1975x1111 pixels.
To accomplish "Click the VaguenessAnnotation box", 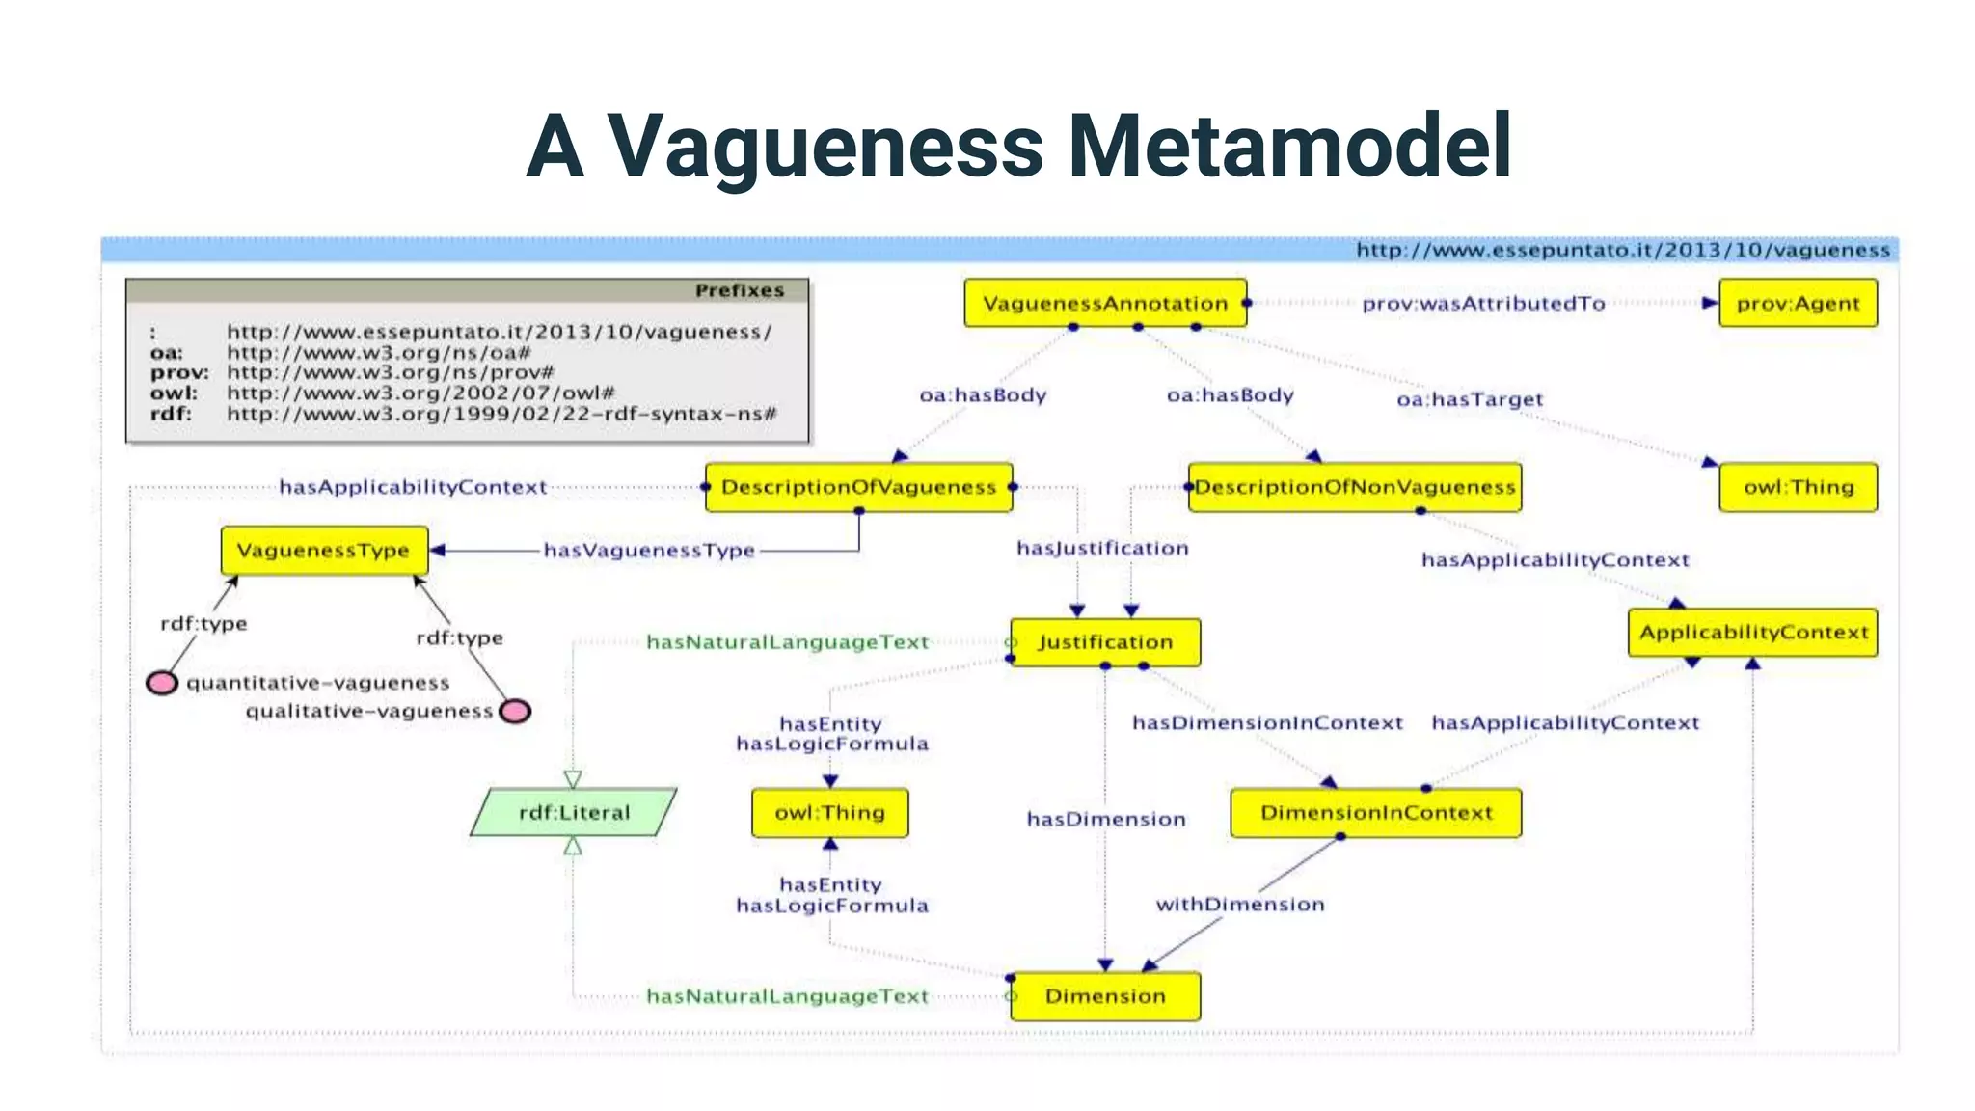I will point(1105,303).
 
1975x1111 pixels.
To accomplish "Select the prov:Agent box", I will point(1798,303).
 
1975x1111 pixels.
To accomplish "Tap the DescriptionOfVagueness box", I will point(858,487).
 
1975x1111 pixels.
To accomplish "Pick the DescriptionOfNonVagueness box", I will point(1355,487).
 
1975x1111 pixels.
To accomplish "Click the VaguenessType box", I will point(324,551).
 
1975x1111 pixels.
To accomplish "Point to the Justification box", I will point(1105,642).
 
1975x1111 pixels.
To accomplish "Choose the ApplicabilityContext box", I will point(1752,633).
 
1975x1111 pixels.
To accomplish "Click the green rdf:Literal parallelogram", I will point(574,812).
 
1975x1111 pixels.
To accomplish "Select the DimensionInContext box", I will point(1375,812).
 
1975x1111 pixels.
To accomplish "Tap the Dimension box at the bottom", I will point(1105,996).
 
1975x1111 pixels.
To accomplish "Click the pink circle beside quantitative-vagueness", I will point(162,683).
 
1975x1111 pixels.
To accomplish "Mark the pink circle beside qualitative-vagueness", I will point(516,712).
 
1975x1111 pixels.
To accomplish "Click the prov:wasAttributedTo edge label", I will point(1483,304).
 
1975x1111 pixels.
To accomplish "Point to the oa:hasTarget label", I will point(1470,399).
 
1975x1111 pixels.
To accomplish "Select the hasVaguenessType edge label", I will point(649,551).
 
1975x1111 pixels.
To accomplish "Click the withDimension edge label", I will point(1240,905).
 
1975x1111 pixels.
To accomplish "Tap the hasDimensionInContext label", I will point(1267,723).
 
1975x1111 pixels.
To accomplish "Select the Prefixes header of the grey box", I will point(739,290).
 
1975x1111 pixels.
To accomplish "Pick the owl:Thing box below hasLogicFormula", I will point(829,812).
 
